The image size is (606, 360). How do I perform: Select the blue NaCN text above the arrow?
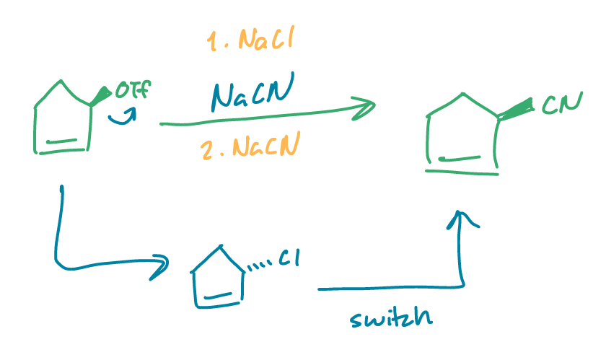pyautogui.click(x=252, y=94)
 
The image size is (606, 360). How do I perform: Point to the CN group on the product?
pyautogui.click(x=561, y=105)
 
